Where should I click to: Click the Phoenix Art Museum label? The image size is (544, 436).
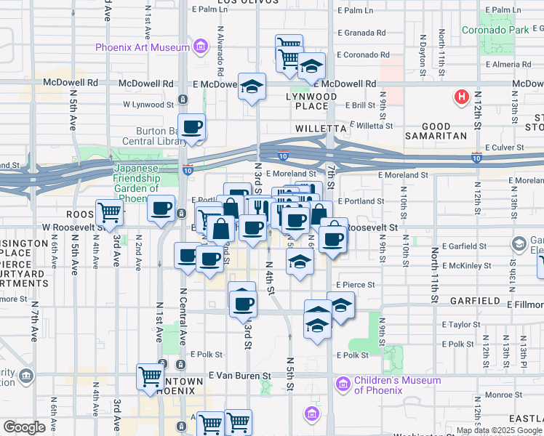143,48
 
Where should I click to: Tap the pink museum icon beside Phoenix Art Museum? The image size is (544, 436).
199,48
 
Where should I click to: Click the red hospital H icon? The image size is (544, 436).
460,97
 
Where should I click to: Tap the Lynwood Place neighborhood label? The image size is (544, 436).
311,101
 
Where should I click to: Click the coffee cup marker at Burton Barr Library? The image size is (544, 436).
192,127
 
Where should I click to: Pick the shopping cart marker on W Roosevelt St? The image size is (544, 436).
109,213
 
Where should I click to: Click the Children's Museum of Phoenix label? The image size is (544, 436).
397,385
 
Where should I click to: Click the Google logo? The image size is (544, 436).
24,427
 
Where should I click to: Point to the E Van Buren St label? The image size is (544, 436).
239,376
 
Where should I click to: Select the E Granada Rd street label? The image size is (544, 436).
361,33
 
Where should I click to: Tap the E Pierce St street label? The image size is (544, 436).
356,286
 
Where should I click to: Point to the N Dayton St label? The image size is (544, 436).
422,52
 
